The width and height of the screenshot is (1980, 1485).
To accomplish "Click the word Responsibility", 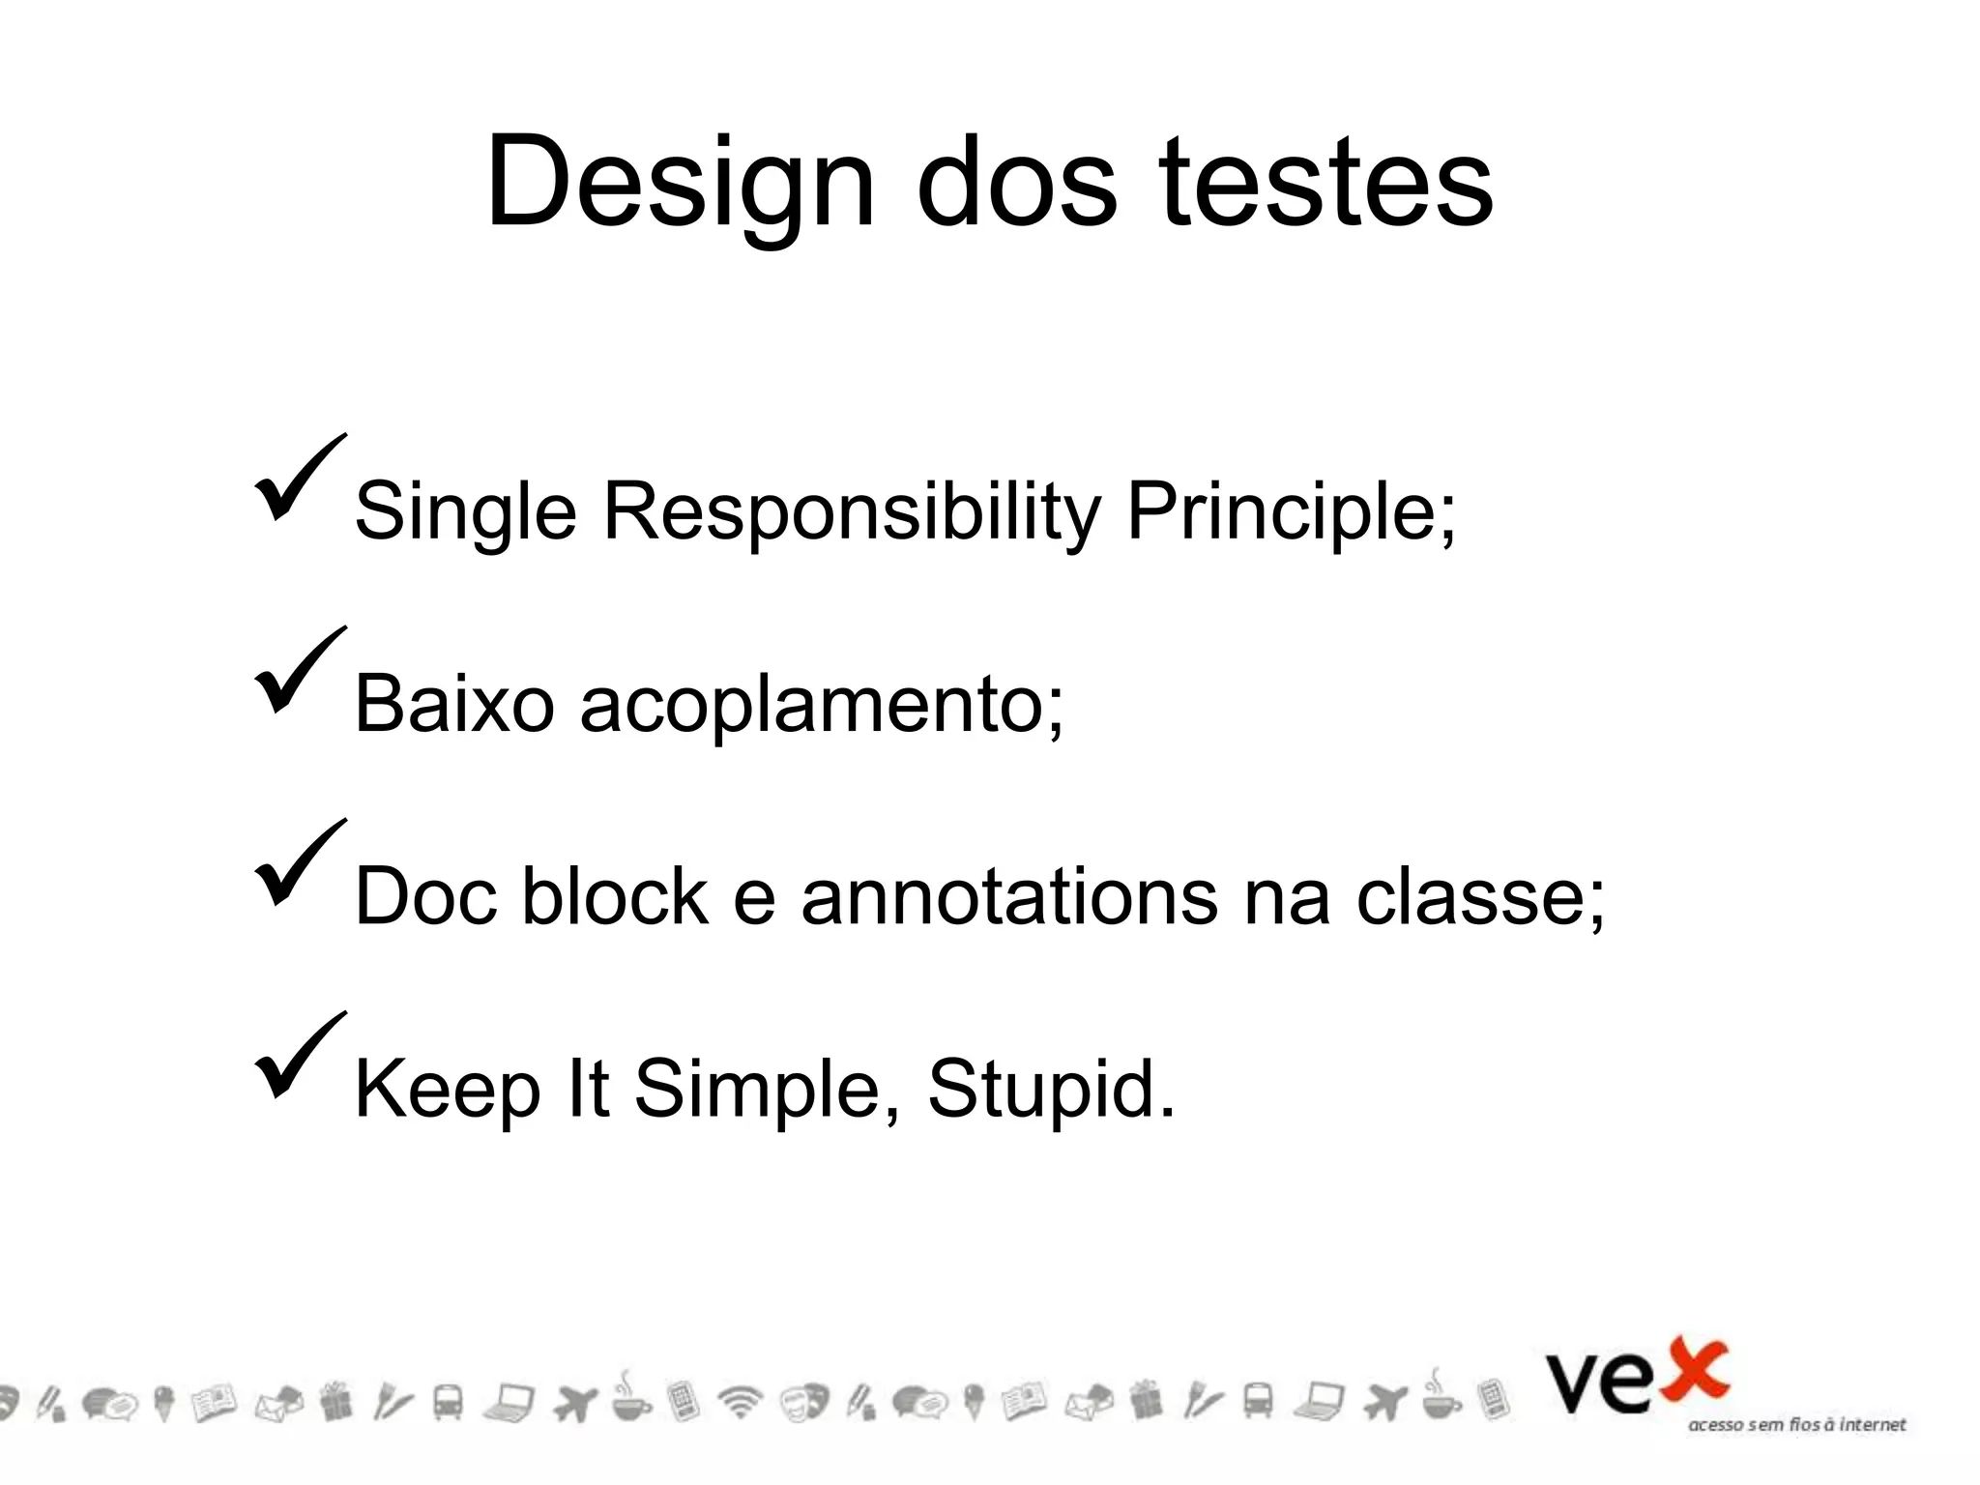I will (x=852, y=512).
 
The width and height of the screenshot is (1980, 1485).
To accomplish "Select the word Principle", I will (x=1290, y=512).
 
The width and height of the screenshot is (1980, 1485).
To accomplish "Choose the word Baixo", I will (x=454, y=704).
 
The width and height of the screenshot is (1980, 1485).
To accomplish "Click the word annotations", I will (x=1009, y=896).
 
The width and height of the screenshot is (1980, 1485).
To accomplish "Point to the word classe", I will (x=1479, y=896).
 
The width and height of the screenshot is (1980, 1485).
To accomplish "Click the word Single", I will (x=465, y=512).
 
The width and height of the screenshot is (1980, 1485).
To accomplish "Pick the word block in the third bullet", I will (x=615, y=896).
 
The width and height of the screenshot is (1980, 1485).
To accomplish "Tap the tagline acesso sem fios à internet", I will (x=1796, y=1425).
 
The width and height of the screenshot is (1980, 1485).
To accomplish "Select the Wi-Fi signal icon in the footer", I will (x=740, y=1402).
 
